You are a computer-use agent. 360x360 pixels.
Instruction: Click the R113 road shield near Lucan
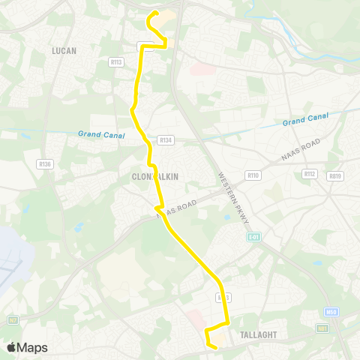(x=115, y=63)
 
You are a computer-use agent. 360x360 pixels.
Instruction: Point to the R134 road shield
(x=165, y=140)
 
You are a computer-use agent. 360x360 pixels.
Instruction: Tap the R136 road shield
(x=43, y=163)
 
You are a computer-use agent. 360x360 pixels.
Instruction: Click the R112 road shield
(x=310, y=173)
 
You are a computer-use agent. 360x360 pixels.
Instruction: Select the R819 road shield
(x=334, y=176)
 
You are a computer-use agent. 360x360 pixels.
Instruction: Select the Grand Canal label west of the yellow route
(x=98, y=133)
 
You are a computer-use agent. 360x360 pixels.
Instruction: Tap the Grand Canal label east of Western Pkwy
(x=303, y=121)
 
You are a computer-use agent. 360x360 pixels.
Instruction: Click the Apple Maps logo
(x=26, y=347)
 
